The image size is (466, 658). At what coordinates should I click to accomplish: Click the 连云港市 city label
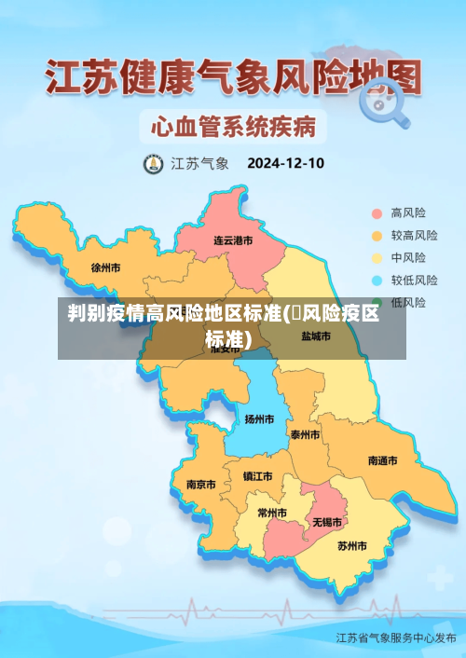coord(233,240)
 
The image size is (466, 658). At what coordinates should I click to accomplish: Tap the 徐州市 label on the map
coord(106,267)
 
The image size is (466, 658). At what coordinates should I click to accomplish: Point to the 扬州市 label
coord(259,418)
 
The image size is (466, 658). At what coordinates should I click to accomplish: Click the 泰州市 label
coord(305,434)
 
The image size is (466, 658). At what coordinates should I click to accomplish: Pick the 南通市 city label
coord(382,460)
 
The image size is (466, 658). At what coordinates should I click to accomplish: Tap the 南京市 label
coord(200,485)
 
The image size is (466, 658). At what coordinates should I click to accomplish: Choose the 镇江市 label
coord(257,476)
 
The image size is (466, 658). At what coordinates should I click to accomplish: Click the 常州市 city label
coord(272,513)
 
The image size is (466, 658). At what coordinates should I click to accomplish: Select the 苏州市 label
coord(352,545)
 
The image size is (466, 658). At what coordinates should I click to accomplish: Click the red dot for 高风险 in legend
coord(377,213)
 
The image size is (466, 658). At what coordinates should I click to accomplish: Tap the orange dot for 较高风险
coord(377,236)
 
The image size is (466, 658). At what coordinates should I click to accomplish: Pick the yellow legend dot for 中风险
coord(377,258)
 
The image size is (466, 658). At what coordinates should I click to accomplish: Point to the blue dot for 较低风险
coord(377,281)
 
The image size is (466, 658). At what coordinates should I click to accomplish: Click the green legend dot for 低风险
coord(377,303)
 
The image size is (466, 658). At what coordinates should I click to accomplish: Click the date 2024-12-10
coord(285,163)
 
